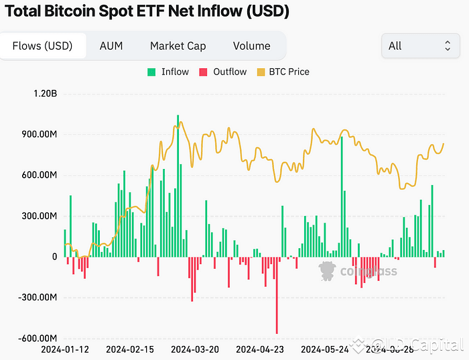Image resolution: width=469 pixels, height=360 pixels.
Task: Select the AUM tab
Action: tap(111, 46)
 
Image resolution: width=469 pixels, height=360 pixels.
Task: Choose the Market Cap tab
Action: tap(178, 46)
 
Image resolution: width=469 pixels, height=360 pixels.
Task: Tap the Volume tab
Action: tap(251, 46)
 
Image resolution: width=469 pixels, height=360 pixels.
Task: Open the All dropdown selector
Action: tap(419, 46)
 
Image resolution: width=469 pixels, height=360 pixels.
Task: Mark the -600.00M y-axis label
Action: tap(35, 339)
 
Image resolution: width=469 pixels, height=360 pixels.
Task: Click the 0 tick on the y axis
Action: tap(54, 257)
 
